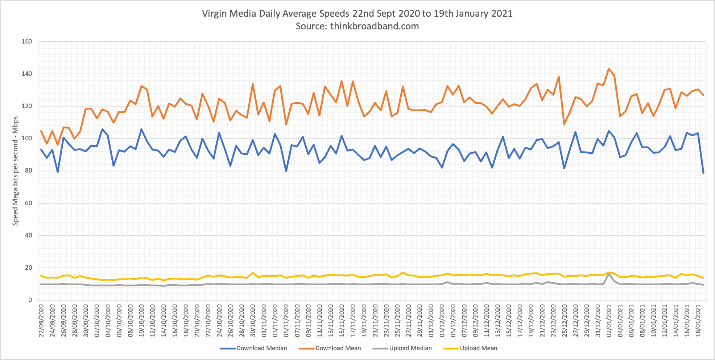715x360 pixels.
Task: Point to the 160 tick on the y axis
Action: [27, 42]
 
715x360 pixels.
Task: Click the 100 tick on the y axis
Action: [27, 138]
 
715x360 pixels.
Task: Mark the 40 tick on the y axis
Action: [28, 236]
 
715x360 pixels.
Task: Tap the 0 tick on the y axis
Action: [30, 300]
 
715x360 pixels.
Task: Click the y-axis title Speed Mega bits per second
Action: [15, 171]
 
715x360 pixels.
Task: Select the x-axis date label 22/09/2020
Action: [41, 320]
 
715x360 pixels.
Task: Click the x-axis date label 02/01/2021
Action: [609, 320]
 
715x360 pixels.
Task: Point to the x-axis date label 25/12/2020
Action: [565, 320]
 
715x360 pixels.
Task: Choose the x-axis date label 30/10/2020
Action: [253, 320]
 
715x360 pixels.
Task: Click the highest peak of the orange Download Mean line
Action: [609, 69]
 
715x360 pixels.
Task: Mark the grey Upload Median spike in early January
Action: [609, 274]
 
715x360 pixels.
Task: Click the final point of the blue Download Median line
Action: [703, 173]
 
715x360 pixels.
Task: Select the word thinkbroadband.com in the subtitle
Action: [375, 26]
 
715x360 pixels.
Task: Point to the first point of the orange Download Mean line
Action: [41, 131]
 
